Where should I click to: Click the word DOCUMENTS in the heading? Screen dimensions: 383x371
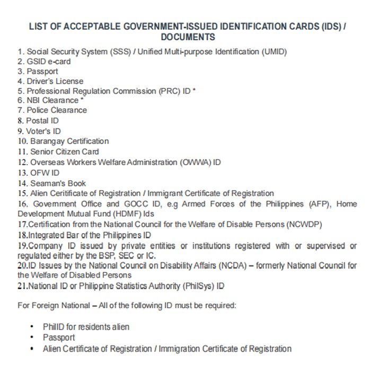pyautogui.click(x=188, y=37)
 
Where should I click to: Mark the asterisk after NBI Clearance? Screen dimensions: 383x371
pyautogui.click(x=82, y=99)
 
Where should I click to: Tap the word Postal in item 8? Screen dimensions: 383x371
pyautogui.click(x=38, y=121)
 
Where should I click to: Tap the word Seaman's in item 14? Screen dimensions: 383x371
pyautogui.click(x=47, y=183)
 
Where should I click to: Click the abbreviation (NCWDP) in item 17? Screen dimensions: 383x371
pyautogui.click(x=304, y=224)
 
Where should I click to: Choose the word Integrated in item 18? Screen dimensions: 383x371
pyautogui.click(x=46, y=235)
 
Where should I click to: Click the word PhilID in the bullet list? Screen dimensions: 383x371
pyautogui.click(x=54, y=327)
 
